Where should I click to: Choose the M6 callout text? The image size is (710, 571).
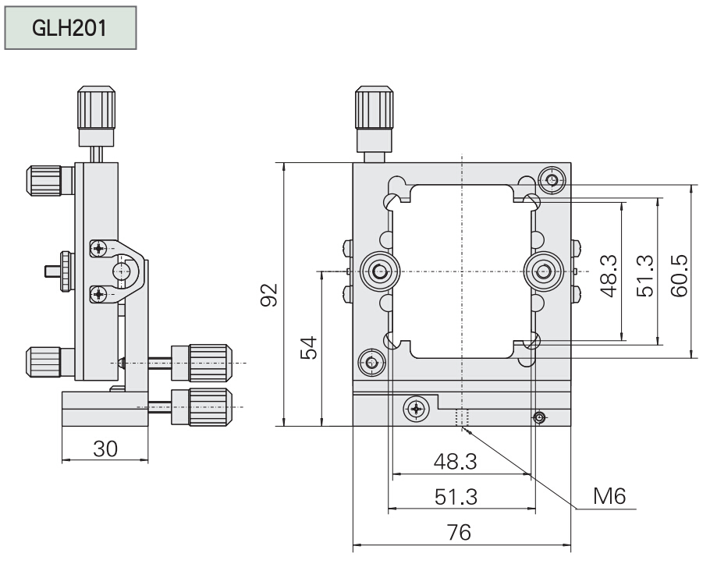coord(609,495)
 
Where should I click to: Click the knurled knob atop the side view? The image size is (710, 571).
coord(98,110)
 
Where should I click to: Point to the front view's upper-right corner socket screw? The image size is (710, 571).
coord(553,181)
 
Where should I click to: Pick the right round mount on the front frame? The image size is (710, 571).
coord(542,271)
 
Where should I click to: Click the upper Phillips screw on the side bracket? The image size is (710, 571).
coord(98,249)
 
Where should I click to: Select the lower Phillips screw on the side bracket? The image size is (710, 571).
coord(98,293)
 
